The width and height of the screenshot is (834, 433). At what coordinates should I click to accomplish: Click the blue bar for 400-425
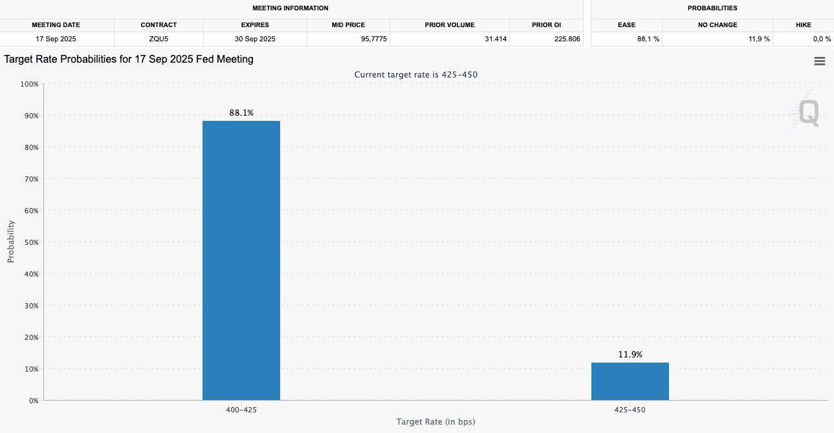[241, 260]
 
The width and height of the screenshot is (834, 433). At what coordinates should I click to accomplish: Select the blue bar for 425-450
[630, 381]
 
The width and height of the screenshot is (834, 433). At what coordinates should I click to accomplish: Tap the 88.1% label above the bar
[241, 113]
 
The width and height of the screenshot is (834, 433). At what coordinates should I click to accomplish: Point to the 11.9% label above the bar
[630, 355]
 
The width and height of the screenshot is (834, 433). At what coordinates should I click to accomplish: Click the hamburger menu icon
[819, 61]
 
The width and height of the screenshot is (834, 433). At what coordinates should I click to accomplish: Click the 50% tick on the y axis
[30, 242]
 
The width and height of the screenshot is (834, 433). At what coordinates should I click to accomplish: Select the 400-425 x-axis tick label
[241, 410]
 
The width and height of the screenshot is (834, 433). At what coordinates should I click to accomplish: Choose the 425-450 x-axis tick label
[630, 410]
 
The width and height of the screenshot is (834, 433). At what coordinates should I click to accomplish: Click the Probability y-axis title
[10, 242]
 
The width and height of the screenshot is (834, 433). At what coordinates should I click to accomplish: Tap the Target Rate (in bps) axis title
[436, 422]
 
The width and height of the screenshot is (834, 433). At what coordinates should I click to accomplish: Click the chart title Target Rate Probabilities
[129, 59]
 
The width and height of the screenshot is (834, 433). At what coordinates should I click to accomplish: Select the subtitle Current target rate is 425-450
[415, 75]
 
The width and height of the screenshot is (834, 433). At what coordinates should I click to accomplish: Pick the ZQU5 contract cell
[159, 39]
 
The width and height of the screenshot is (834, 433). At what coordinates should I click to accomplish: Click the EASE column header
[626, 25]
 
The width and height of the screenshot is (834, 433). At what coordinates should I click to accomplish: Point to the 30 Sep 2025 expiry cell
[254, 39]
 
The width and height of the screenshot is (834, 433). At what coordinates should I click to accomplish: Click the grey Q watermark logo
[808, 113]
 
